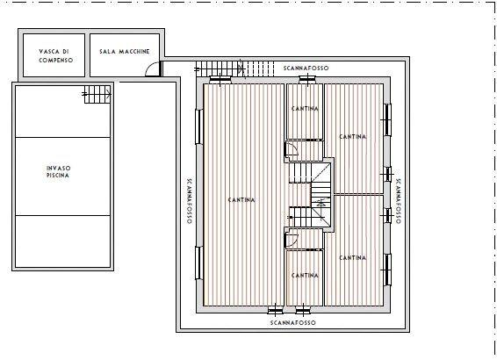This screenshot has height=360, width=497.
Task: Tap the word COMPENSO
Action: tap(56, 61)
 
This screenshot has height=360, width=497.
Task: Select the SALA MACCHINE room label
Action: tap(125, 51)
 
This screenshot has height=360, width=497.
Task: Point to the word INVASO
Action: tap(58, 169)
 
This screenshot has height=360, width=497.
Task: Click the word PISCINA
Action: tap(58, 176)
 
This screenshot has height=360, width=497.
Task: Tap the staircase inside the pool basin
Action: tap(97, 94)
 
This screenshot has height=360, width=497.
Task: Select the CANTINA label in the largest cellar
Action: tap(241, 200)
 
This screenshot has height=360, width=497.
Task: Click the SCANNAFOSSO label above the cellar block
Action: tap(306, 68)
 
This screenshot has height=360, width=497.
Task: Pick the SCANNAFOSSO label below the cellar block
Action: tap(293, 322)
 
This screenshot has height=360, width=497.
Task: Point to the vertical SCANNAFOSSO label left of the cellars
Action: tap(189, 200)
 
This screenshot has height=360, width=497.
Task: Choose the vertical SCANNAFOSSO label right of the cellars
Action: tap(398, 201)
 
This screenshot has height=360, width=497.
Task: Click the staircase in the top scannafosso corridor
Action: tap(234, 68)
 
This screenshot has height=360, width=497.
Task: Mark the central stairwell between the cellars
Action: tap(310, 195)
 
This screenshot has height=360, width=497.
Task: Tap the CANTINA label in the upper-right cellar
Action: tap(353, 137)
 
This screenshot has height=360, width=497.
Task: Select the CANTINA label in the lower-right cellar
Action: tap(353, 258)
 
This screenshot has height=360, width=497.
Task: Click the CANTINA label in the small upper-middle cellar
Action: tap(305, 108)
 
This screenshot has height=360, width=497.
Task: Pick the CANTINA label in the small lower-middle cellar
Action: tap(305, 276)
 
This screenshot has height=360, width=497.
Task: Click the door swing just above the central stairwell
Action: tap(292, 148)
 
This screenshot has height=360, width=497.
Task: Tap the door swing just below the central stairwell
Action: tap(292, 240)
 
